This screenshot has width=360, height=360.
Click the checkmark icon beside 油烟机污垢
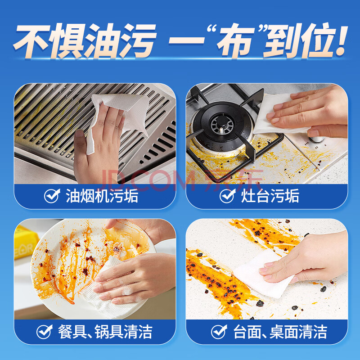[52, 196]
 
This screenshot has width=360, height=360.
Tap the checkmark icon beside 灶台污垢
[228, 196]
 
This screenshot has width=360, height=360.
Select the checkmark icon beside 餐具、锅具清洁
[45, 332]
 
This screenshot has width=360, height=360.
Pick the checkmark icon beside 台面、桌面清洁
[219, 332]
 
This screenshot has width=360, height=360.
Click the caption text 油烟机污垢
[102, 196]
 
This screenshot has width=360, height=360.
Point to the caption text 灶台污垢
[270, 196]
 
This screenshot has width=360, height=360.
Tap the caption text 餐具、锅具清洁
[105, 332]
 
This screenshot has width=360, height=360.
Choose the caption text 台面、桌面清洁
[280, 332]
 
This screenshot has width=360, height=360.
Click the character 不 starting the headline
[32, 41]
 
